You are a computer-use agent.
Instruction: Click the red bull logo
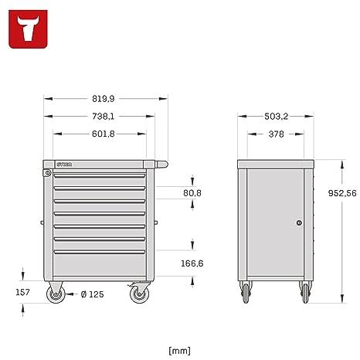point(28,29)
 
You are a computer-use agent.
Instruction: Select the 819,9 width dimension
point(103,99)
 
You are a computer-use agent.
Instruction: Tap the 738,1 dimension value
point(103,117)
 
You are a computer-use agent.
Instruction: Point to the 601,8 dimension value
point(103,134)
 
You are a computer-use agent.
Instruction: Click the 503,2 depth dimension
point(276,117)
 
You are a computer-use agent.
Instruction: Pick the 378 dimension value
point(276,134)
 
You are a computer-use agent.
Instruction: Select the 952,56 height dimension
point(342,193)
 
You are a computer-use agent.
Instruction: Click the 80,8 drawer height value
point(192,193)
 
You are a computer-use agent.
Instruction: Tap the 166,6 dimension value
point(192,263)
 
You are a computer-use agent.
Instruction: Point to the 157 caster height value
point(22,292)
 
